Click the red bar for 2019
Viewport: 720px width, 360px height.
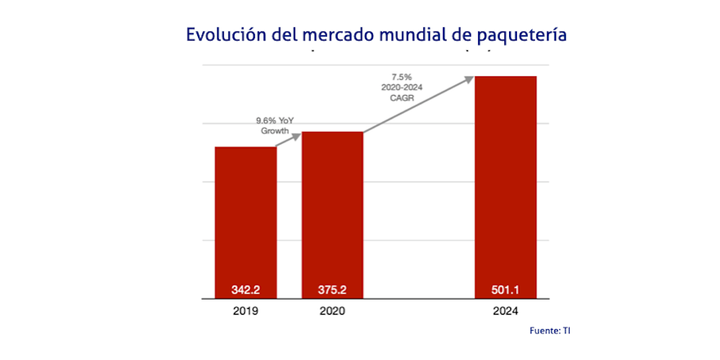(246, 216)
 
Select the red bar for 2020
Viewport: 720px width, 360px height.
(332, 209)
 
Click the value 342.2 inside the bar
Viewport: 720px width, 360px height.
(246, 291)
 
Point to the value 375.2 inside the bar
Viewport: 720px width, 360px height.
(332, 291)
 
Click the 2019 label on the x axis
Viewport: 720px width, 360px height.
(246, 312)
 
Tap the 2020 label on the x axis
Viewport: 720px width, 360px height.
(332, 312)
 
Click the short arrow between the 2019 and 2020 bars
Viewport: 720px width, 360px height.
(288, 140)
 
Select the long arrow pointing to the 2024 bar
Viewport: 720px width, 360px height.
(418, 104)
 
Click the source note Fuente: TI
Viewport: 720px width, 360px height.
(549, 330)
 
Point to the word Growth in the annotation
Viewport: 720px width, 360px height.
(274, 132)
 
